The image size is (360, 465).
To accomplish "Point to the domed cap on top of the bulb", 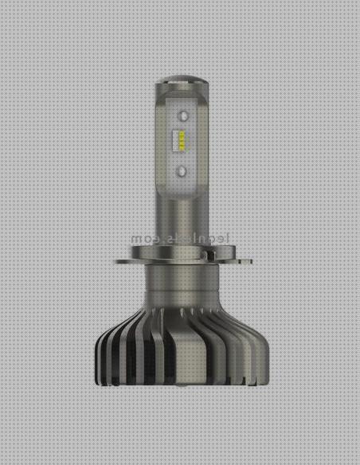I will [x=182, y=81].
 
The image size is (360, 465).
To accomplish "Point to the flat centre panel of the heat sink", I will [x=182, y=366].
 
